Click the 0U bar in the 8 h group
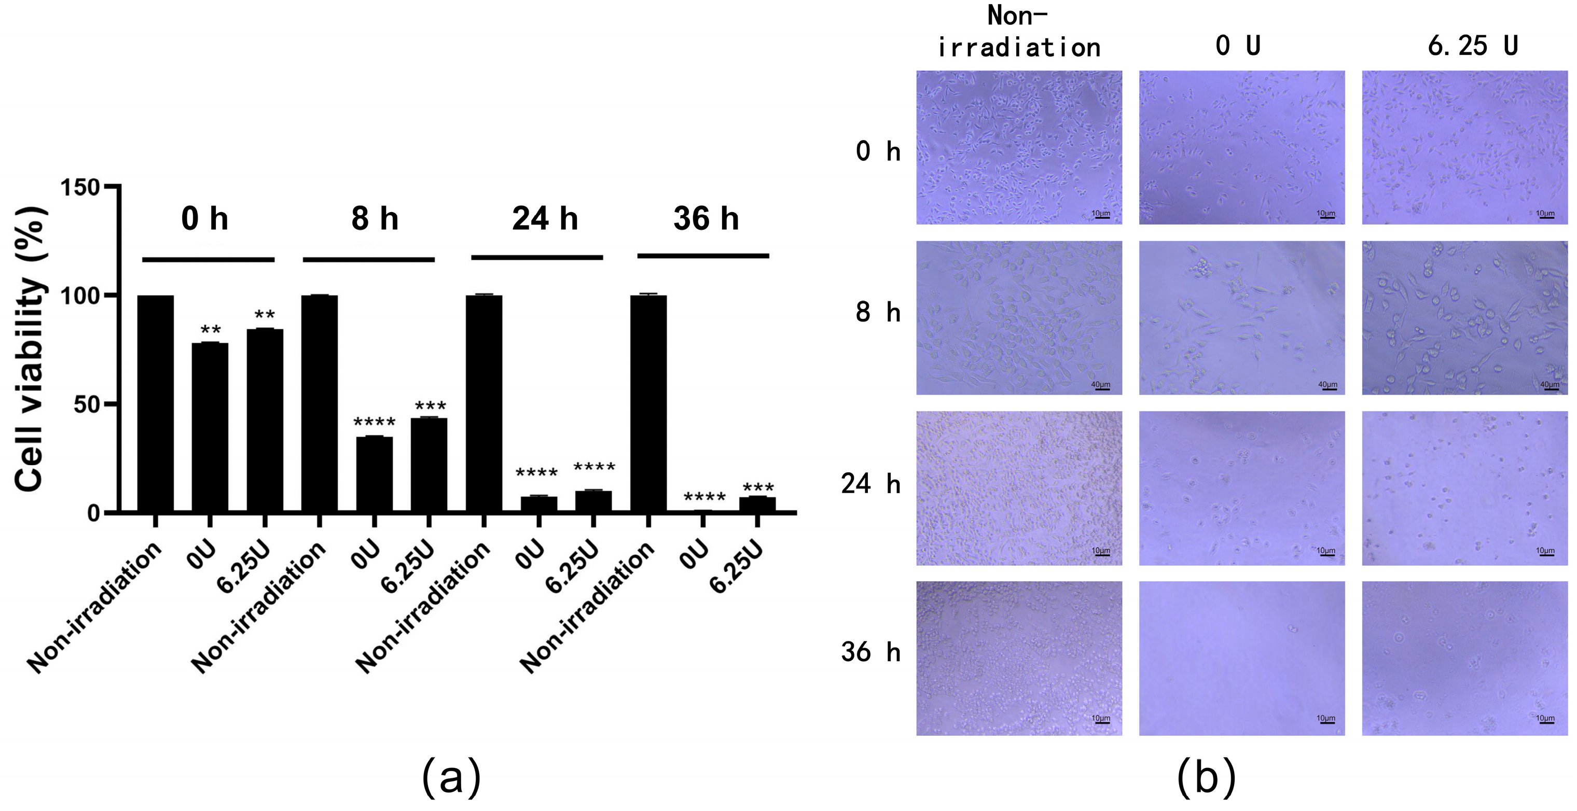pyautogui.click(x=374, y=474)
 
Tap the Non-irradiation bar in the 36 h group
pyautogui.click(x=648, y=403)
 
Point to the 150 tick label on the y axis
pyautogui.click(x=79, y=187)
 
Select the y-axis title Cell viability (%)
pyautogui.click(x=31, y=349)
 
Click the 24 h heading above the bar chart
pyautogui.click(x=545, y=218)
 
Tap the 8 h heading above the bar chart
pyautogui.click(x=375, y=218)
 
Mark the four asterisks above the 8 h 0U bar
pyautogui.click(x=375, y=422)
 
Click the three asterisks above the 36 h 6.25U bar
pyautogui.click(x=758, y=488)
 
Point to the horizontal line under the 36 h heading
pyautogui.click(x=703, y=256)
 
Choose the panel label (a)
pyautogui.click(x=451, y=776)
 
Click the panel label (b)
pyautogui.click(x=1206, y=776)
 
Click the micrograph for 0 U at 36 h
pyautogui.click(x=1241, y=658)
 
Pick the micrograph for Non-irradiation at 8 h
pyautogui.click(x=1019, y=318)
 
